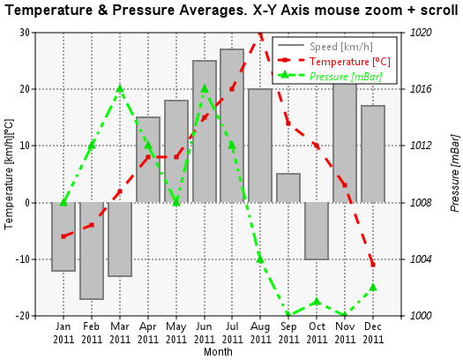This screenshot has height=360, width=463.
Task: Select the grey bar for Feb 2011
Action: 92,251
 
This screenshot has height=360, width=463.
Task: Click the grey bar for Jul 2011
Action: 232,126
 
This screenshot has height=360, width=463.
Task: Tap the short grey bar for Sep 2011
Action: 288,188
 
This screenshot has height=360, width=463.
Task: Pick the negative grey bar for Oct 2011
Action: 317,231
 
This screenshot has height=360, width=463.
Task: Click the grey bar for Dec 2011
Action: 373,154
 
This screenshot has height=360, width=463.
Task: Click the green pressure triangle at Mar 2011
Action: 120,88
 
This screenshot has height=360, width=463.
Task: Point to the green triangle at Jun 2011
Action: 205,88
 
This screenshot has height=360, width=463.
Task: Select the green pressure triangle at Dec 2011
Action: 373,287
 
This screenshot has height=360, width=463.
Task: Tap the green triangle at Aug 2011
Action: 260,259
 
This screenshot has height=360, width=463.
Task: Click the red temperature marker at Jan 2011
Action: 63,236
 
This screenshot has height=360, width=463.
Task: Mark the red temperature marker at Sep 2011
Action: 288,124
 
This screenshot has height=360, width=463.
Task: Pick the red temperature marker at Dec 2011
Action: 373,265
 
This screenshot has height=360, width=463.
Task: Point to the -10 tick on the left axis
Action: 24,259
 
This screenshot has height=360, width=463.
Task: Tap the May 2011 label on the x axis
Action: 176,333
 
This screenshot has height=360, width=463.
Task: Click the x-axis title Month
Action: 218,352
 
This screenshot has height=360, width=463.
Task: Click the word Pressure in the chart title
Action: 144,11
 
